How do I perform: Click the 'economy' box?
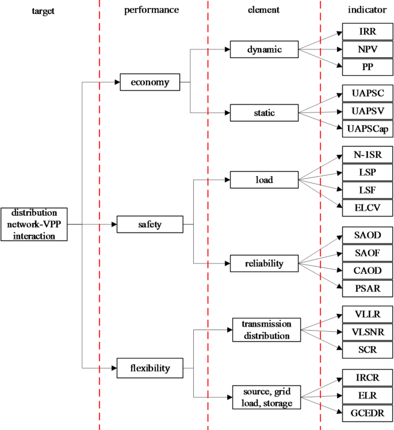tap(150, 82)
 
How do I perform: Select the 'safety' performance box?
tap(150, 224)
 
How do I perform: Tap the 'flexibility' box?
tap(150, 367)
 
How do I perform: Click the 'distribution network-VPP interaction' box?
tap(34, 224)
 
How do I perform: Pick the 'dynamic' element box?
tap(265, 49)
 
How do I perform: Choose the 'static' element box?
tap(265, 113)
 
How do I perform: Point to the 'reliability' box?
tap(265, 264)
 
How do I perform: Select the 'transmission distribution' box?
tap(266, 330)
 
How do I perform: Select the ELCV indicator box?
tap(367, 207)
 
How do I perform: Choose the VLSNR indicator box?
tap(367, 331)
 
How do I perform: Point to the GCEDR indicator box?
tap(367, 412)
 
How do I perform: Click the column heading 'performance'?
tap(152, 10)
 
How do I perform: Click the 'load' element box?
tap(265, 180)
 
